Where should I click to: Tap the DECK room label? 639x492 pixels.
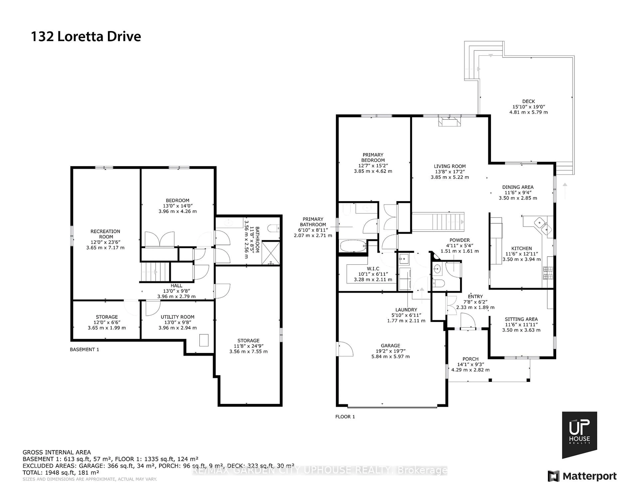point(528,101)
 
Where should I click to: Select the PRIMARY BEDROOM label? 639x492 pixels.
point(373,157)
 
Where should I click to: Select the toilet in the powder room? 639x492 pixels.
point(439,283)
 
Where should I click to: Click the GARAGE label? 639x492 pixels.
point(390,346)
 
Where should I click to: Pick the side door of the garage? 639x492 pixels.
point(345,349)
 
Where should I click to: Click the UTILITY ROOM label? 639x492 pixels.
point(177,317)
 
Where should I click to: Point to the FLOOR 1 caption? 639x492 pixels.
point(345,416)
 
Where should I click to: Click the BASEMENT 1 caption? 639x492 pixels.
point(84,350)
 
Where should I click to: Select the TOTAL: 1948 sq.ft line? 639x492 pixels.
point(61,472)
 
